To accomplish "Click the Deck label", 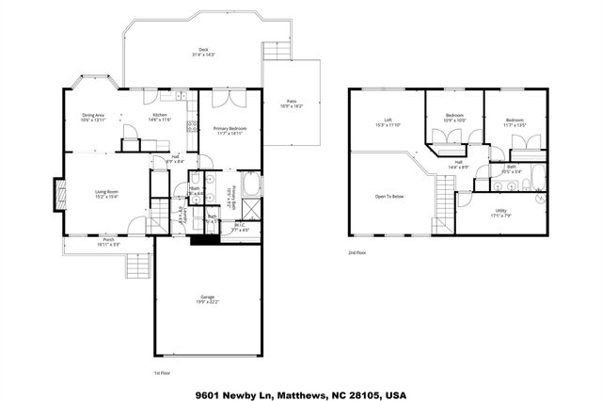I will pyautogui.click(x=202, y=50).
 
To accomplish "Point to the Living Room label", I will pyautogui.click(x=105, y=192).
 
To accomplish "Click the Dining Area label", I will pyautogui.click(x=92, y=115).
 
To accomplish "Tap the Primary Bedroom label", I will pyautogui.click(x=230, y=128).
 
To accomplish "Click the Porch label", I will pyautogui.click(x=109, y=239).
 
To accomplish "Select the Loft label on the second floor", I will pyautogui.click(x=387, y=120).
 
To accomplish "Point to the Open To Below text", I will pyautogui.click(x=389, y=197).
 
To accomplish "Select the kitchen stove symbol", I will pyautogui.click(x=191, y=126).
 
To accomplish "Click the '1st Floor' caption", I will pyautogui.click(x=162, y=374).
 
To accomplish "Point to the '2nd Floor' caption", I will pyautogui.click(x=357, y=253).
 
